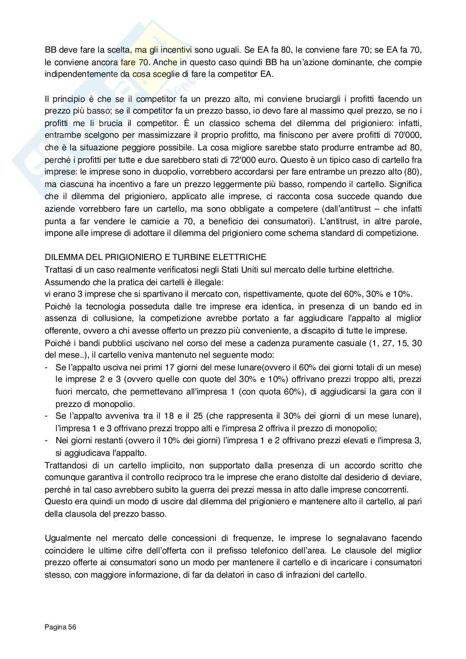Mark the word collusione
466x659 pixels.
[x=96, y=318]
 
